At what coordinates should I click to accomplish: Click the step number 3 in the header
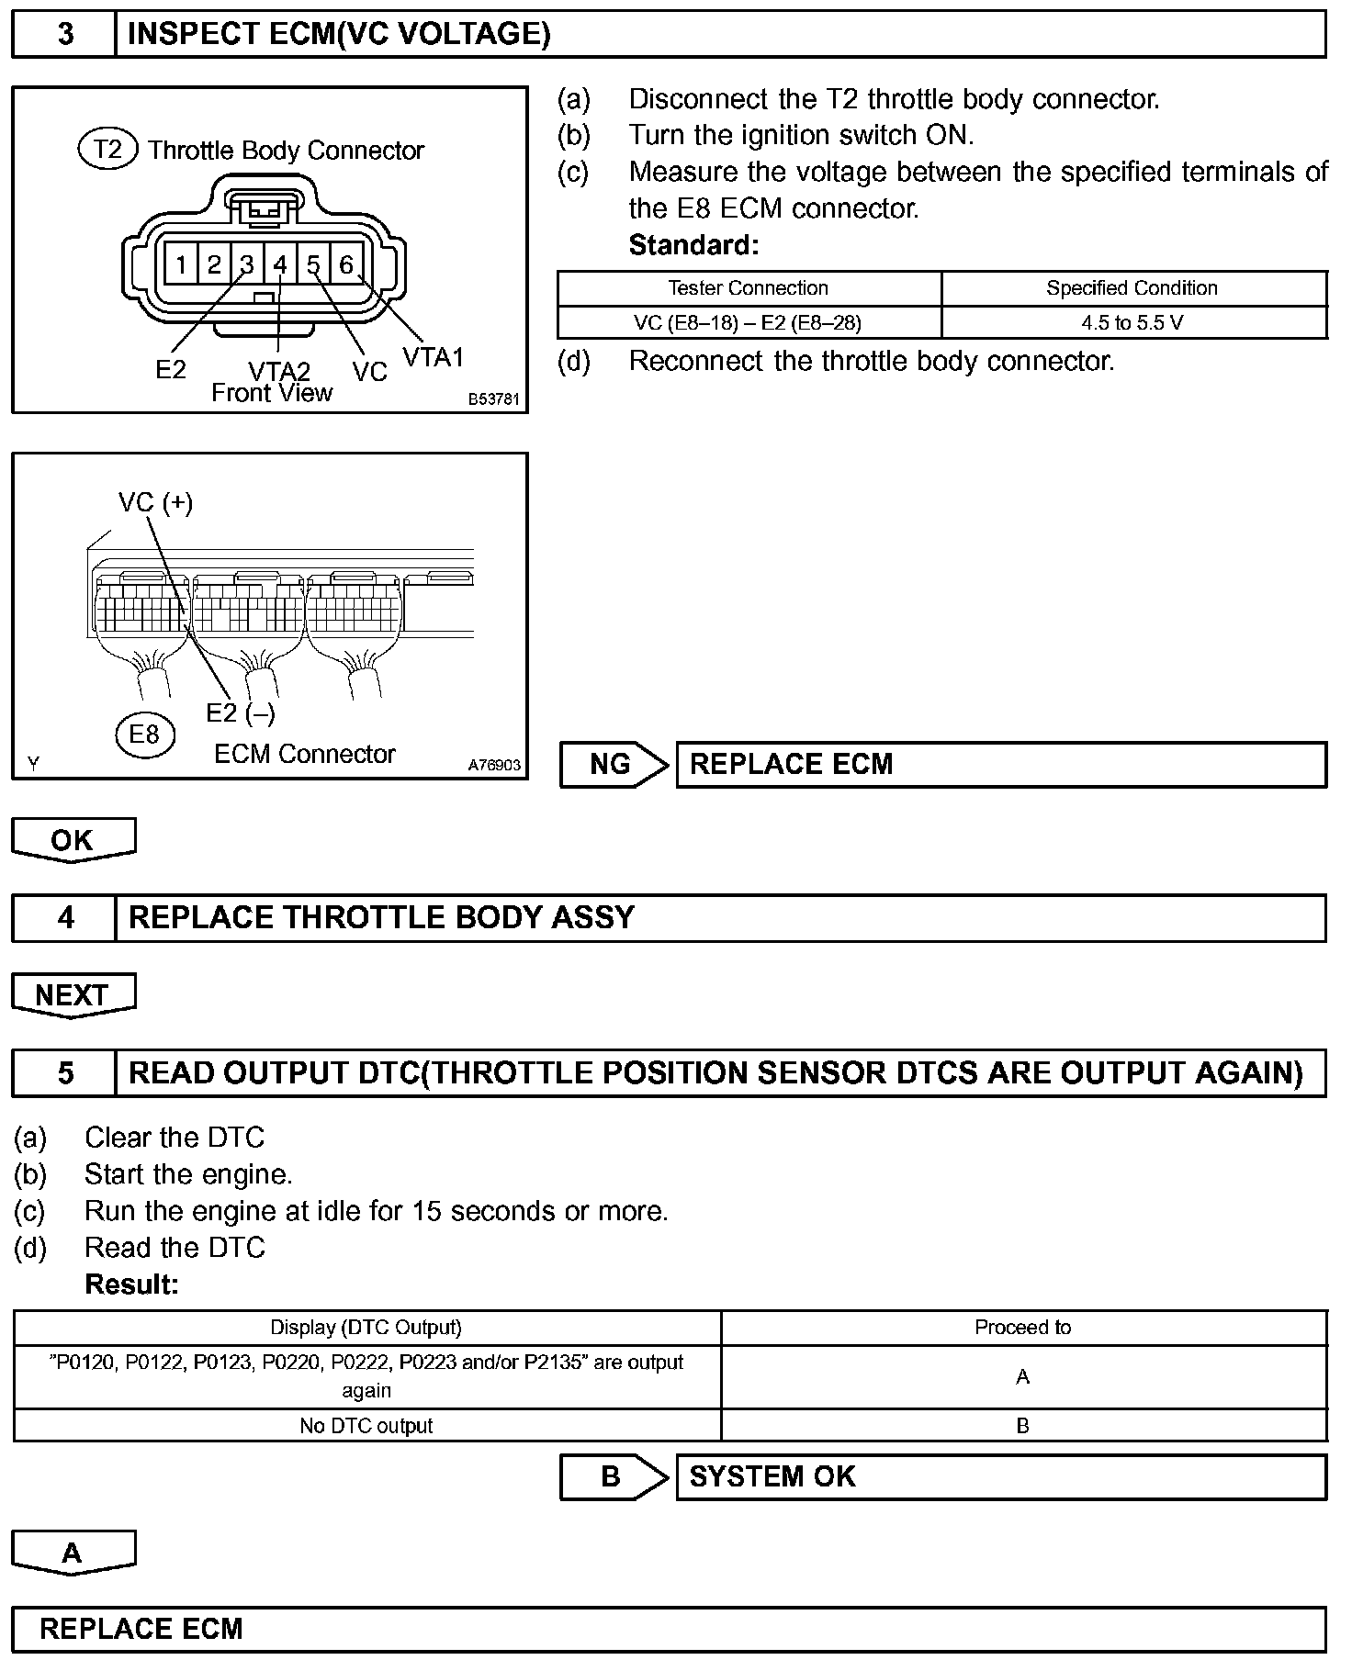click(65, 34)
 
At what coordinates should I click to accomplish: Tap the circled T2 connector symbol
click(108, 149)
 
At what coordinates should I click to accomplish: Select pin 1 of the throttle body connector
click(181, 265)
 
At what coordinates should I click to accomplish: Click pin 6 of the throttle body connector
click(346, 265)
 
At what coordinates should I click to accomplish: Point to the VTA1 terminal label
click(434, 357)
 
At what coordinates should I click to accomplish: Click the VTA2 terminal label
click(279, 371)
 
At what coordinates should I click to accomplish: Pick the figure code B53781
click(494, 399)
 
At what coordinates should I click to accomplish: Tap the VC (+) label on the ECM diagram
click(155, 502)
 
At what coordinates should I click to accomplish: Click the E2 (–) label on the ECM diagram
click(241, 712)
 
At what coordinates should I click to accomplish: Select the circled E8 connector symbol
click(144, 735)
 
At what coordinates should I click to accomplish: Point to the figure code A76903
click(494, 765)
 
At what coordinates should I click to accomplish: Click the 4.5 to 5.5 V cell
click(1132, 323)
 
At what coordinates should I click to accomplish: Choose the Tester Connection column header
click(748, 288)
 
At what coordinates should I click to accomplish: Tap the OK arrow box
click(73, 840)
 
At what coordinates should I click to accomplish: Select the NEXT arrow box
click(73, 995)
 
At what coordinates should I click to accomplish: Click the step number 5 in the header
click(65, 1073)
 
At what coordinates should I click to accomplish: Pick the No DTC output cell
click(366, 1426)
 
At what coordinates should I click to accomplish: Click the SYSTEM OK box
click(1000, 1476)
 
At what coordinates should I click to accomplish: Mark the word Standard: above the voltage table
click(693, 245)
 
